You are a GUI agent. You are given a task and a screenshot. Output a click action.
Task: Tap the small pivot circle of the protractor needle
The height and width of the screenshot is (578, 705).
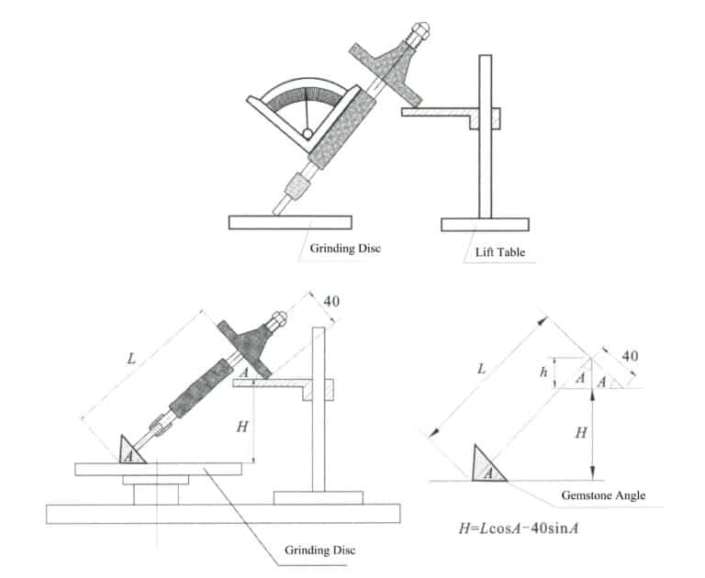[307, 134]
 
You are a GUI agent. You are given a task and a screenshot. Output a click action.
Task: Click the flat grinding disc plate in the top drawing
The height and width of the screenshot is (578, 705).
[290, 222]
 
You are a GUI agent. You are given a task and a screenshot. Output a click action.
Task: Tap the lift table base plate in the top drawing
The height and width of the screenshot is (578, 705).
[484, 224]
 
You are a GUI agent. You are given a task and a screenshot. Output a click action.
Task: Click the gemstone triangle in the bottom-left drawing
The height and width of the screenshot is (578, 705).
[132, 450]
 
